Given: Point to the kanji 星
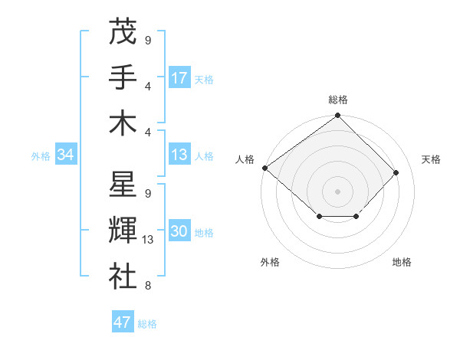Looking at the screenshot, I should [x=122, y=185].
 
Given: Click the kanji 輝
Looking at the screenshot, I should [x=122, y=231].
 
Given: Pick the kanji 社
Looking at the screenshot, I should [x=122, y=277].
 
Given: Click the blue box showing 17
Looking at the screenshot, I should [x=179, y=77].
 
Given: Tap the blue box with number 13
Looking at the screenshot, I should [x=179, y=155].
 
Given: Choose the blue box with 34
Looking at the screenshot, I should [x=66, y=155].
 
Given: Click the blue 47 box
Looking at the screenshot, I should [x=123, y=322].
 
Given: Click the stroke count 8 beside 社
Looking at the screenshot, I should [x=147, y=286].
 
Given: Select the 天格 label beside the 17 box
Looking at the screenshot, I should [x=204, y=79].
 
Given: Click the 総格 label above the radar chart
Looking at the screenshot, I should [x=337, y=100].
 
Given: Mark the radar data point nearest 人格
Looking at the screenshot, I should [x=264, y=168].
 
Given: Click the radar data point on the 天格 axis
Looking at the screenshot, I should [x=396, y=172].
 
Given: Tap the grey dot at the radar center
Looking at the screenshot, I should [x=337, y=191].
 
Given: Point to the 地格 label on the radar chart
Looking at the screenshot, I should [x=402, y=263].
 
